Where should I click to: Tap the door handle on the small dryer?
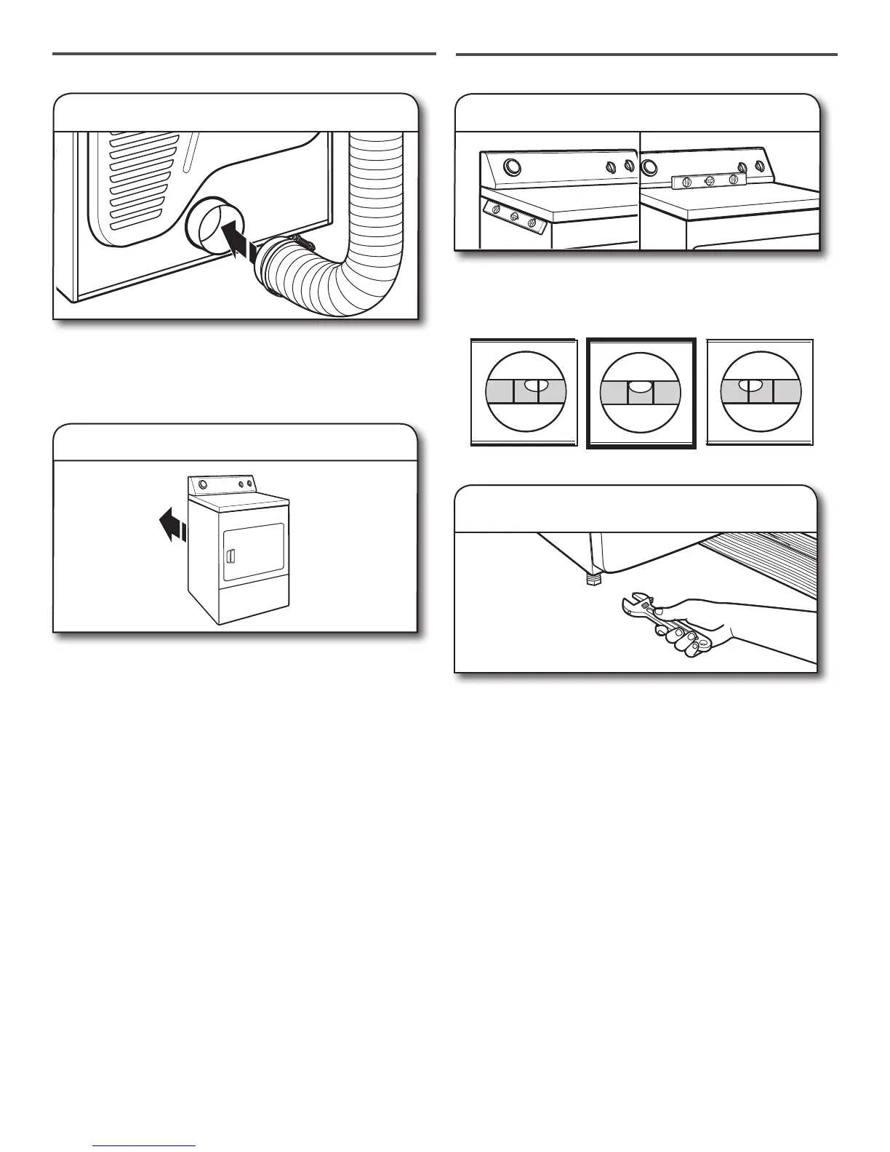click(228, 557)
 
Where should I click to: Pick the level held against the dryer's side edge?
click(514, 217)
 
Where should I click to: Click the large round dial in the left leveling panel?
click(512, 168)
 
